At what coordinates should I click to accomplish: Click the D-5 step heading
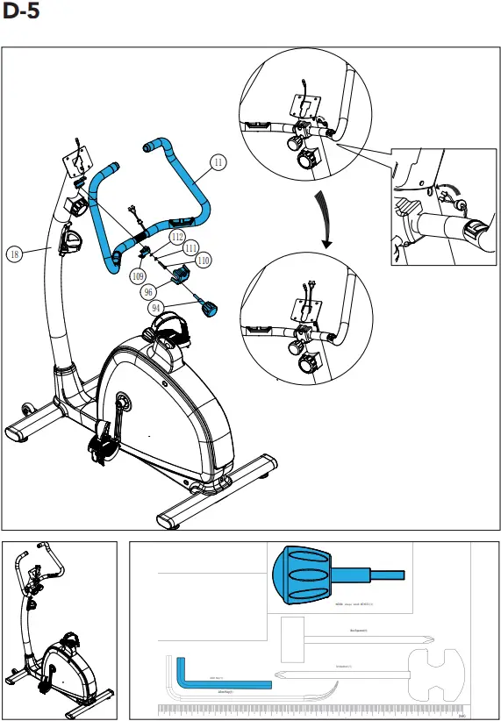coord(21,13)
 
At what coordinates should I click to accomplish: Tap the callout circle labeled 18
coord(14,254)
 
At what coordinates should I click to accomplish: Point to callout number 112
coord(177,237)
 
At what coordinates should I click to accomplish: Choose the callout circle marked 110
coord(203,261)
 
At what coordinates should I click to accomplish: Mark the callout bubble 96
coord(149,292)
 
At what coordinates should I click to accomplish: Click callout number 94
coord(156,308)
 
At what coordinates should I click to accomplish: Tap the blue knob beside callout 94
coord(211,308)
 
